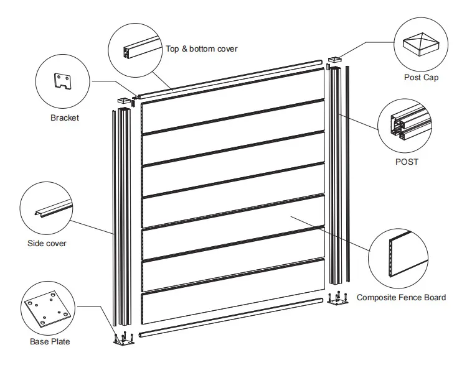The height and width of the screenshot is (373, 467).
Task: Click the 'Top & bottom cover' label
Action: tap(201, 48)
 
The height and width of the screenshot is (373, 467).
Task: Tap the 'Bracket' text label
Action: tap(64, 117)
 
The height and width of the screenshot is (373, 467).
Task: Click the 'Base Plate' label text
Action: tap(50, 341)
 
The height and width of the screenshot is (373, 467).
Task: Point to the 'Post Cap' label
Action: tap(421, 78)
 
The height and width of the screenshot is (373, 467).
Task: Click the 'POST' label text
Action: tap(407, 162)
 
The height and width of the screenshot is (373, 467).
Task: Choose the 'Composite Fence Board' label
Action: tap(401, 298)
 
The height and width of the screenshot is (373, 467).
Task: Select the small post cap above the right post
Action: tap(334, 60)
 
